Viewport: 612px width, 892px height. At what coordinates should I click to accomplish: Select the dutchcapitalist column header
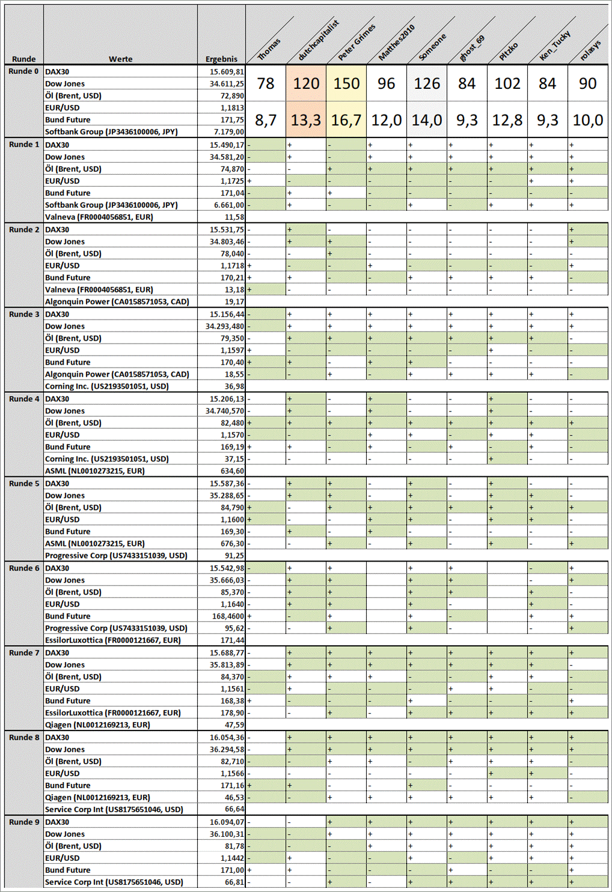tap(319, 40)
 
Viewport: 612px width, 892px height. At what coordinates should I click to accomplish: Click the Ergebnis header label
tap(221, 59)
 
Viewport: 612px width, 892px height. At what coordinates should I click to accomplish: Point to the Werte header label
tap(120, 59)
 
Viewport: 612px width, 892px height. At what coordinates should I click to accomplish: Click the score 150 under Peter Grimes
tap(347, 83)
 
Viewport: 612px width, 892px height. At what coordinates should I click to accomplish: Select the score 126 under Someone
tap(427, 83)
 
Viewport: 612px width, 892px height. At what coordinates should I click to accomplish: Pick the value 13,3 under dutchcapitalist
tap(306, 120)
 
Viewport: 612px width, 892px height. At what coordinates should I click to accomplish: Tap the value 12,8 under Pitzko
tap(507, 120)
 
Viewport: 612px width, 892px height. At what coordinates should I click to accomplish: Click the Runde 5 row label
tap(24, 484)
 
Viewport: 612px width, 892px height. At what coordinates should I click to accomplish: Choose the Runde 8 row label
tap(24, 738)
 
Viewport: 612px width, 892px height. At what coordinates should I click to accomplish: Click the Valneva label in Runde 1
tap(99, 217)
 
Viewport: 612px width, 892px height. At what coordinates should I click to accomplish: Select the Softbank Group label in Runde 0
tap(111, 132)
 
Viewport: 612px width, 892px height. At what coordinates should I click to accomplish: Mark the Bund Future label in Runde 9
tap(68, 870)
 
